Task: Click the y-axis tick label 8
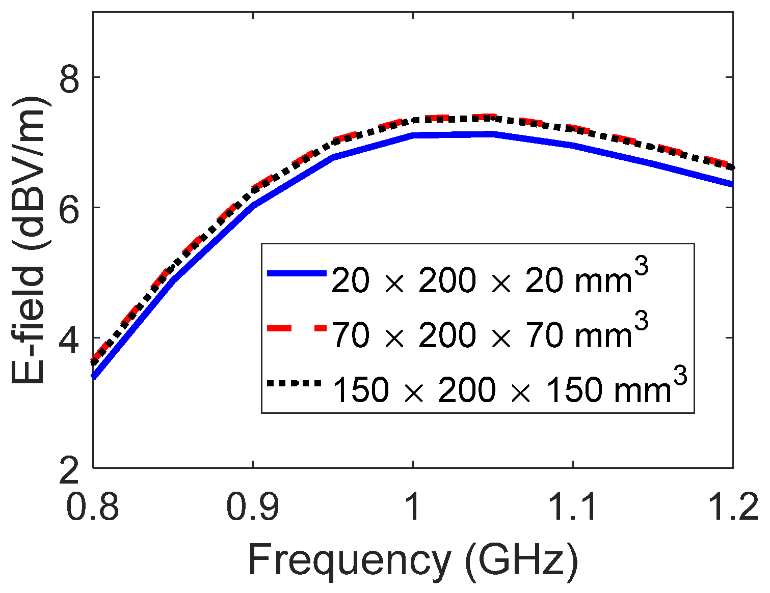[70, 77]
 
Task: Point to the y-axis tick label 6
[70, 208]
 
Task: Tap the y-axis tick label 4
[70, 338]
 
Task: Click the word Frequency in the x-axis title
[349, 560]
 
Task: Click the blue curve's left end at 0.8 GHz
[94, 376]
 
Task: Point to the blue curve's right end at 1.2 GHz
[732, 184]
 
